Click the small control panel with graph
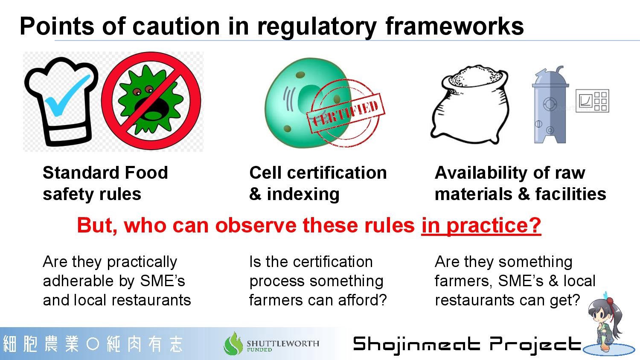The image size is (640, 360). click(x=592, y=101)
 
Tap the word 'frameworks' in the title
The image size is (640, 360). click(x=454, y=26)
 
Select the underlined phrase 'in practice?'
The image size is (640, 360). click(x=481, y=226)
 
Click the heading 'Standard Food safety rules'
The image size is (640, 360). click(x=105, y=183)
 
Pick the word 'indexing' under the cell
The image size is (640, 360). click(x=303, y=194)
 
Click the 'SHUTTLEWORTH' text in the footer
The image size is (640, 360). click(x=283, y=343)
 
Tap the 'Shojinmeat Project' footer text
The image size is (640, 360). click(x=467, y=345)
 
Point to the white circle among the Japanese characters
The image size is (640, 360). click(x=93, y=344)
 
